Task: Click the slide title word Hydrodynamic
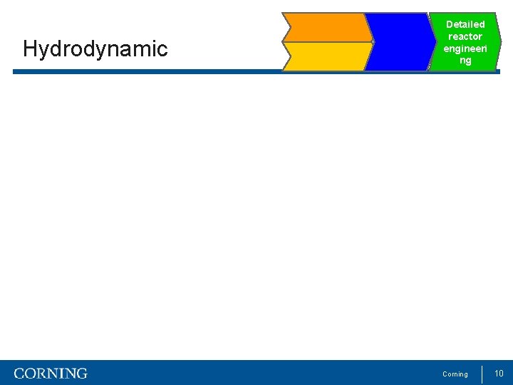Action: [95, 49]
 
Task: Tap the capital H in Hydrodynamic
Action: [30, 48]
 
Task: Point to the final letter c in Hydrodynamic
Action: [163, 50]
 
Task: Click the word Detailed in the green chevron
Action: [465, 24]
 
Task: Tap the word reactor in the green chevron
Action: [465, 36]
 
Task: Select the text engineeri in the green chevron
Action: [465, 48]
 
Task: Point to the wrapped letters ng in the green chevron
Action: [465, 61]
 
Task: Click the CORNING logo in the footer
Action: [51, 374]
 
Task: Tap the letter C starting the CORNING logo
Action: [19, 374]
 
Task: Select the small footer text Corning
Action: [455, 374]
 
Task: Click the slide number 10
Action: [499, 374]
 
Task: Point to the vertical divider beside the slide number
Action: [482, 374]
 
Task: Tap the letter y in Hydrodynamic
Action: [42, 51]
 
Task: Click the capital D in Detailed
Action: [450, 24]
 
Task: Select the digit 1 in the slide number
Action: [497, 374]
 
